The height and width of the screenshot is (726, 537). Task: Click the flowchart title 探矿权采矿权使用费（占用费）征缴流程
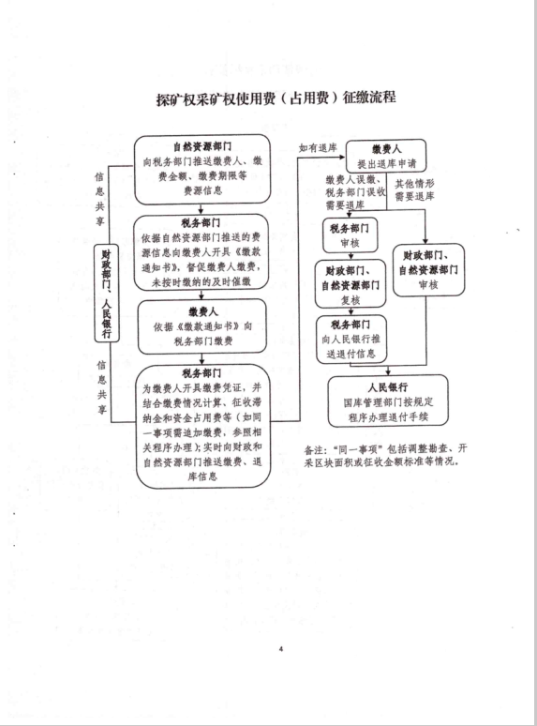[x=276, y=98]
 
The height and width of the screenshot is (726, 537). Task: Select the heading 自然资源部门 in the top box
[x=202, y=146]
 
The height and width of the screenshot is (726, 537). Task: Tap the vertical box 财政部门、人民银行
[x=107, y=294]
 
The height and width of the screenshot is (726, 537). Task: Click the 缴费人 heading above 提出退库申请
[x=387, y=149]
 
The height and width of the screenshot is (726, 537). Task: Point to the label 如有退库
[x=318, y=148]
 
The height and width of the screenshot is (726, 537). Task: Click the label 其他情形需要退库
[x=414, y=190]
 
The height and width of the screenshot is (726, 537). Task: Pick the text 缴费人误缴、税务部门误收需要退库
[x=355, y=192]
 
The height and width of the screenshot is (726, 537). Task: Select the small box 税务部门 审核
[x=351, y=235]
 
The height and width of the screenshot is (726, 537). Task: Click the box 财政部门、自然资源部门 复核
[x=351, y=284]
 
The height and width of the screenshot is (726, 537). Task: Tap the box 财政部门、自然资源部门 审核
[x=428, y=270]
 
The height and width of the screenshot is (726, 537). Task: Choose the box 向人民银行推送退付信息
[x=351, y=339]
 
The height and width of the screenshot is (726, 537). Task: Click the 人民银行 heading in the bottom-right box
[x=388, y=387]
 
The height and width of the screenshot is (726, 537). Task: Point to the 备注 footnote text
[x=385, y=455]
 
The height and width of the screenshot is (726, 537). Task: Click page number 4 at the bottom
[x=281, y=649]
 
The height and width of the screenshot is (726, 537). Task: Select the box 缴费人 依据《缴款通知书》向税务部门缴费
[x=202, y=326]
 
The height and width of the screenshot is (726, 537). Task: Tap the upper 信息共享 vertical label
[x=100, y=199]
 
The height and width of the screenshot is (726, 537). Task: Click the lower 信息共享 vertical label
[x=101, y=387]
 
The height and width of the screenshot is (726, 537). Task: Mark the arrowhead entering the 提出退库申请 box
[x=343, y=157]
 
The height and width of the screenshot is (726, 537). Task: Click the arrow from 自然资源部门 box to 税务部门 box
[x=201, y=209]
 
